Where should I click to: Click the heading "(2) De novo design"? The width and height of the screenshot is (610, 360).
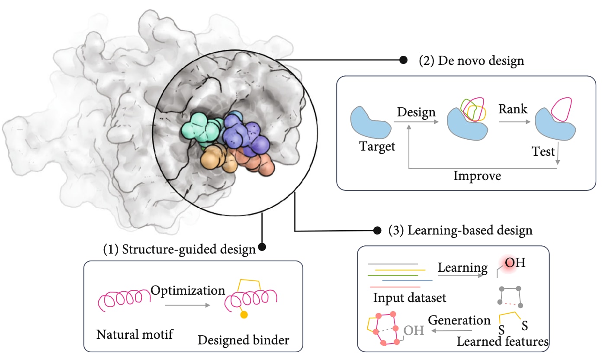coord(471,61)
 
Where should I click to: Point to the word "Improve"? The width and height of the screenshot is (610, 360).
coord(477,176)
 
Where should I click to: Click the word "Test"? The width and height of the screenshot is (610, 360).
coord(543,152)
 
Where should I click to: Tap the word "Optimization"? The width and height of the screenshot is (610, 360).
coord(188,290)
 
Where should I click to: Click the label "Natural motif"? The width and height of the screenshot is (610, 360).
coord(134,335)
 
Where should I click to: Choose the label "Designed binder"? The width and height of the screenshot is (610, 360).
coord(243,340)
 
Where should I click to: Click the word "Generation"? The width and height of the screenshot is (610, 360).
coord(459,321)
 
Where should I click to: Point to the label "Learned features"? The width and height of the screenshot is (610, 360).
coord(503,341)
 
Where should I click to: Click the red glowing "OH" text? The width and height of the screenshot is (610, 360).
coord(515,264)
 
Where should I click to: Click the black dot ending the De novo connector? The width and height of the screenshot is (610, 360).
coord(403,61)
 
